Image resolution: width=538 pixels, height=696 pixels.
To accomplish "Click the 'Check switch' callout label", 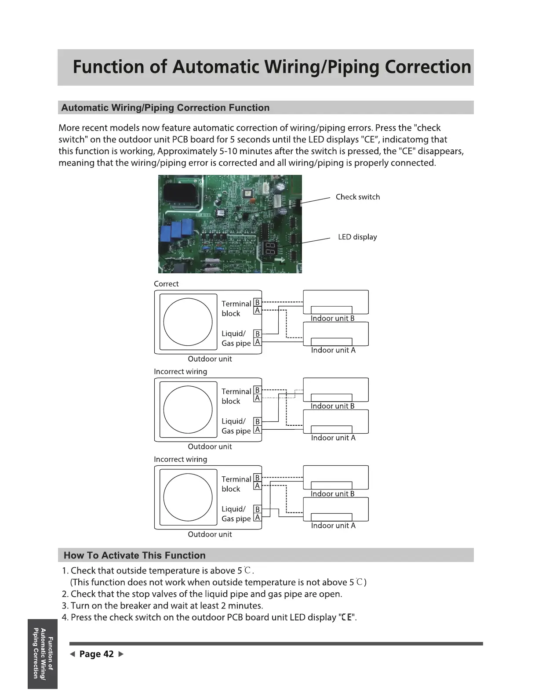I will tap(357, 197).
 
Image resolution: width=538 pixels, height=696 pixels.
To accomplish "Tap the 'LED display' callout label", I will tap(357, 237).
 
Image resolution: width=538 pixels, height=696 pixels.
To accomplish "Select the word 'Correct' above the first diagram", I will tap(166, 284).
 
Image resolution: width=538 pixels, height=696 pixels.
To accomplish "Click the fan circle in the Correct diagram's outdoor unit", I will tap(188, 322).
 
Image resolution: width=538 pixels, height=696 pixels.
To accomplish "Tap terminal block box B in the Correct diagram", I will tap(258, 303).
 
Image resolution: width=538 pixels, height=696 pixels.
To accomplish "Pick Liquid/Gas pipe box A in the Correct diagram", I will tap(258, 342).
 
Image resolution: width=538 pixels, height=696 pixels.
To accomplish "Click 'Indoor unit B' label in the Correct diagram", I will tap(332, 318).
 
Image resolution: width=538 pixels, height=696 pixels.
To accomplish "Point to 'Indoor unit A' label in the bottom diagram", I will tap(333, 526).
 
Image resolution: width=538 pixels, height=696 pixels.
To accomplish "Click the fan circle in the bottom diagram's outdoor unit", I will tap(188, 497).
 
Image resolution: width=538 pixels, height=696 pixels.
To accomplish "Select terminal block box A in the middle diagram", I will tap(258, 398).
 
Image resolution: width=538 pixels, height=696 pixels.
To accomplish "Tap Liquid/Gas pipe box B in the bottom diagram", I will tap(258, 509).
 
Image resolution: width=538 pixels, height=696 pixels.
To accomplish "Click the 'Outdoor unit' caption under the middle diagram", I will tap(210, 446).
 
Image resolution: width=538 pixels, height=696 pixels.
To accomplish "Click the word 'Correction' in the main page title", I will tap(427, 67).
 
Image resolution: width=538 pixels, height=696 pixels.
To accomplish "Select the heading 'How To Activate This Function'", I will tap(134, 555).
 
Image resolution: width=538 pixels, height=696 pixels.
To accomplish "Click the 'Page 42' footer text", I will tap(96, 654).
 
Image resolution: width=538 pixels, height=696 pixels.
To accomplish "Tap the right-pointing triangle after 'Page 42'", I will tap(121, 654).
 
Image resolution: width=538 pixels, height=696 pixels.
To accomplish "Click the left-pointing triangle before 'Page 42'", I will tap(72, 654).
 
